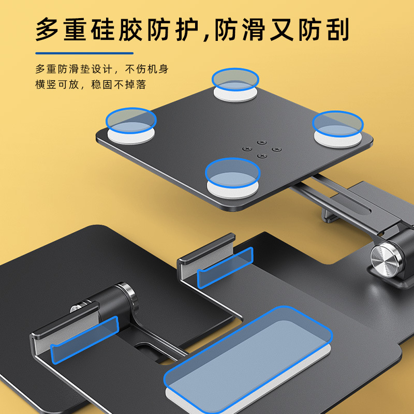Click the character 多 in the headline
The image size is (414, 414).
pyautogui.click(x=48, y=29)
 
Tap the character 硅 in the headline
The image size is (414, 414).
pyautogui.click(x=103, y=29)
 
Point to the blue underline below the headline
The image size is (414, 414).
pyautogui.click(x=84, y=53)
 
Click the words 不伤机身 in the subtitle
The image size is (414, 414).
pyautogui.click(x=147, y=69)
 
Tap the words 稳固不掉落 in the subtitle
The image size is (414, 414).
pyautogui.click(x=119, y=85)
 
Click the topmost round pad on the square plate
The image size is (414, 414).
pyautogui.click(x=235, y=85)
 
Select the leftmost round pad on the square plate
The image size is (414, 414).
pyautogui.click(x=131, y=126)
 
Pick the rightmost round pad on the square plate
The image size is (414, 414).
pyautogui.click(x=338, y=129)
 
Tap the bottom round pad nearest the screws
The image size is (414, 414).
pyautogui.click(x=232, y=178)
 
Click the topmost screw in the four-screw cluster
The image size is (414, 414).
pyautogui.click(x=262, y=143)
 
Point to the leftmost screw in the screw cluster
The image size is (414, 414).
pyautogui.click(x=247, y=149)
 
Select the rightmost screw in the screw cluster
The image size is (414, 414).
pyautogui.click(x=277, y=150)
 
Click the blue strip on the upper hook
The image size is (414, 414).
pyautogui.click(x=225, y=268)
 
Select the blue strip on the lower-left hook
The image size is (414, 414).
pyautogui.click(x=84, y=340)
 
